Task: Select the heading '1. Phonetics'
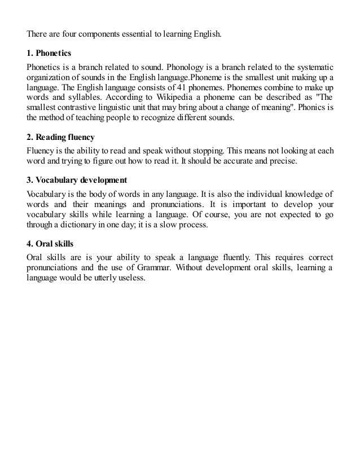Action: [x=49, y=53]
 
